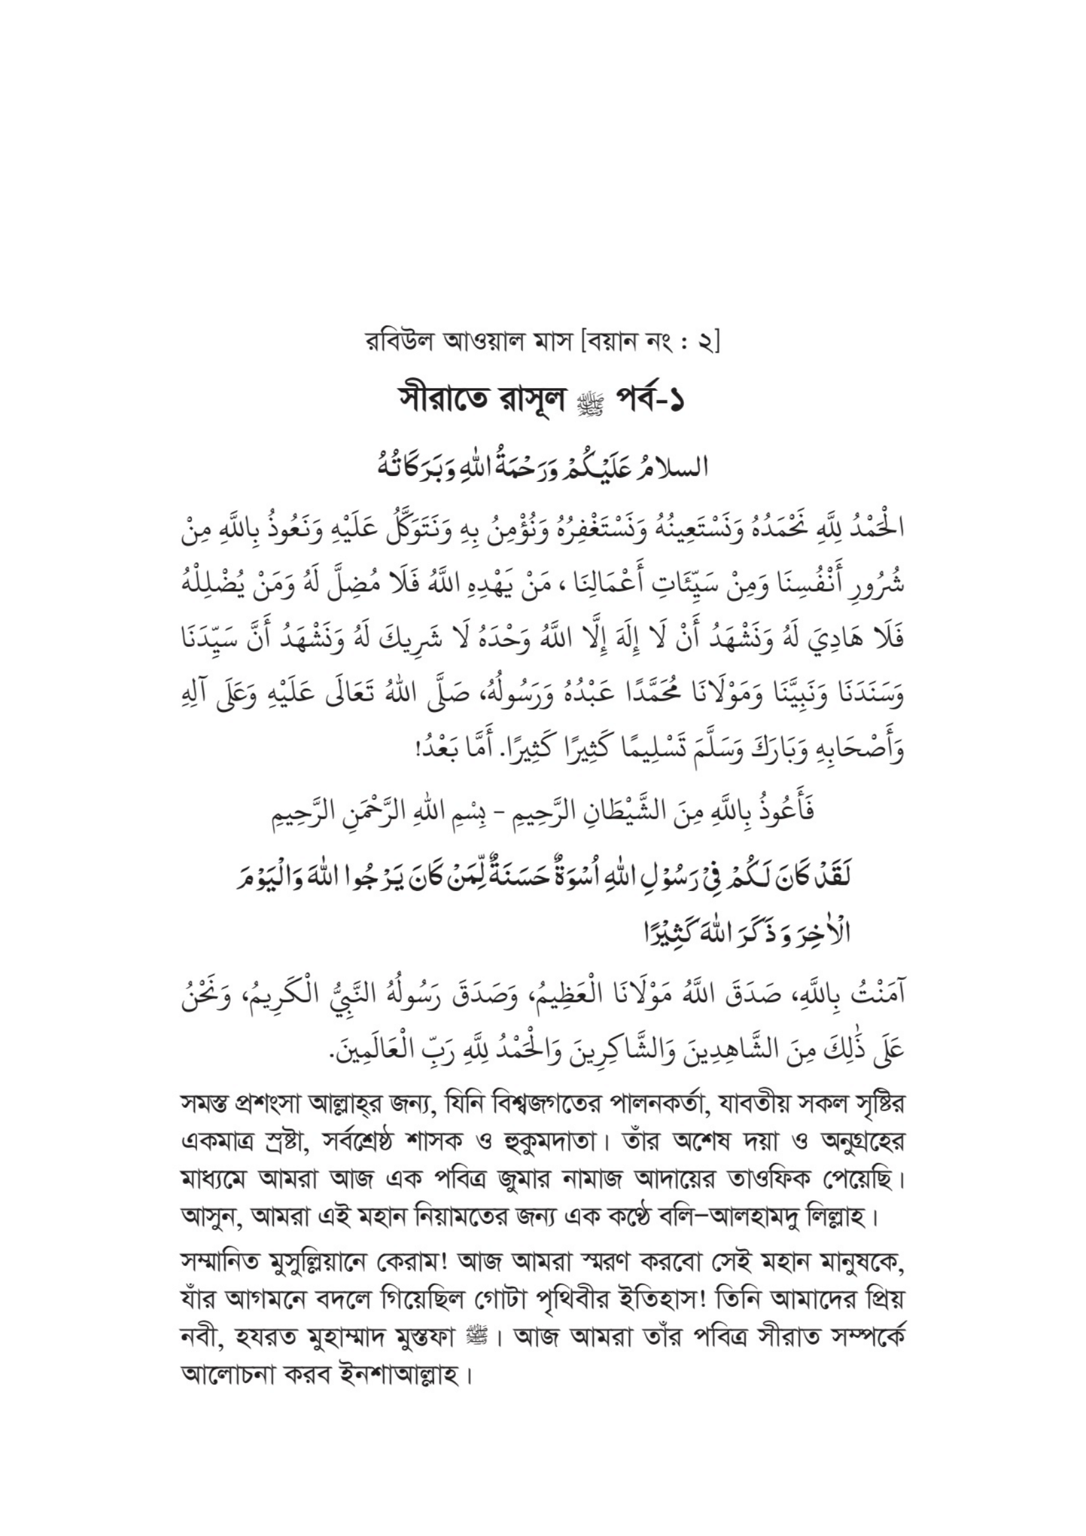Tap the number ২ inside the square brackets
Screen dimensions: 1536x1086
point(706,344)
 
